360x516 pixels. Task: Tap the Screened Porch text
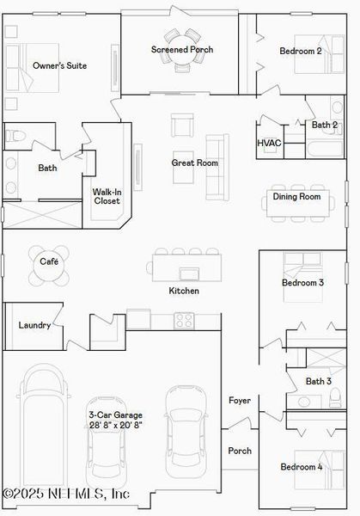(x=182, y=50)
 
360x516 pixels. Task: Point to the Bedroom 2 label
(x=301, y=51)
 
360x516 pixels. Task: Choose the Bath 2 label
(x=324, y=126)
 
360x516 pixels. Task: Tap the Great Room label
(x=195, y=163)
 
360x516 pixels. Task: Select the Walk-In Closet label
(x=107, y=196)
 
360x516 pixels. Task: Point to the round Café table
(x=49, y=268)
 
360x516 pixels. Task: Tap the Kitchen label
(x=184, y=291)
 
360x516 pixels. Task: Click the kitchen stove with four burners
(x=184, y=320)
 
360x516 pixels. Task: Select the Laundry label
(x=34, y=325)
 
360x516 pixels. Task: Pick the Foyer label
(x=239, y=401)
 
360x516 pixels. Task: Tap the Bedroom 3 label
(x=302, y=282)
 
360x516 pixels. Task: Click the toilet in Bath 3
(x=334, y=397)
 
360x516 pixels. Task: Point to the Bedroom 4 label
(x=301, y=467)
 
